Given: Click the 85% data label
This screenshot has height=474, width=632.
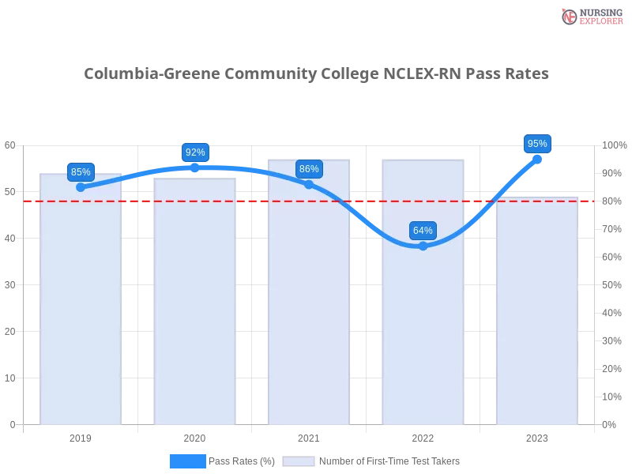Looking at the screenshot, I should tap(81, 172).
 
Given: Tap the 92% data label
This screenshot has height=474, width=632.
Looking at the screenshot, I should tap(195, 152).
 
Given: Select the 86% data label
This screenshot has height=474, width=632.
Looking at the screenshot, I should tap(309, 169).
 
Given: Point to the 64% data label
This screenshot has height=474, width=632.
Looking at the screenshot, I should tap(423, 231).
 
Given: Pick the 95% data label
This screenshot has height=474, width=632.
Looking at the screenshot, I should tap(537, 144).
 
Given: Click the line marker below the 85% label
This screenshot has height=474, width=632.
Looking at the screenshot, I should tap(81, 187).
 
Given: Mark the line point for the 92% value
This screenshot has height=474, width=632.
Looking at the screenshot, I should tap(195, 167).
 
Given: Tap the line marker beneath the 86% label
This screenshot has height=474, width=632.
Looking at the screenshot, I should tap(309, 184).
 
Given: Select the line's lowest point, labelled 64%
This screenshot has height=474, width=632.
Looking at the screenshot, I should tap(423, 246).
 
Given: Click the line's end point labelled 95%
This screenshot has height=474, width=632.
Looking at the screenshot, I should tap(537, 159).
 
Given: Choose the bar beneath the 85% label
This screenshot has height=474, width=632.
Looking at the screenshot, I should tap(81, 316).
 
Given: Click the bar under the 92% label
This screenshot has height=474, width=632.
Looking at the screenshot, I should tap(195, 316).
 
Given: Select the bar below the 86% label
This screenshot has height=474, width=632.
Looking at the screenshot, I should tap(309, 316).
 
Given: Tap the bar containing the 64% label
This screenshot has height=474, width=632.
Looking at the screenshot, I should tap(423, 332).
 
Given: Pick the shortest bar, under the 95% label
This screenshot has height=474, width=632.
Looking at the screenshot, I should tap(536, 316).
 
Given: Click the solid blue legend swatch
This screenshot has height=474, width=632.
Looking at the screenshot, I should tap(187, 461).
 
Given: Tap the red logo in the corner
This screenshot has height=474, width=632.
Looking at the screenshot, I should tap(570, 17).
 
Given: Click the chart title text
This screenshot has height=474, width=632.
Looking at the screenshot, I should tap(316, 74).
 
